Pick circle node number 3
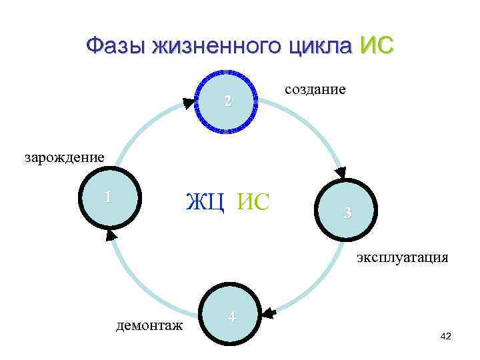(347, 213)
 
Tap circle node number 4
(231, 317)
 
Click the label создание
(315, 89)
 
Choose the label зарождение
(65, 158)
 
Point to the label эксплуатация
(402, 257)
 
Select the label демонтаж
(149, 325)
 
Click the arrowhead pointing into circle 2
(189, 103)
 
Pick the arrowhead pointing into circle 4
(269, 311)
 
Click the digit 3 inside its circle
(347, 213)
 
